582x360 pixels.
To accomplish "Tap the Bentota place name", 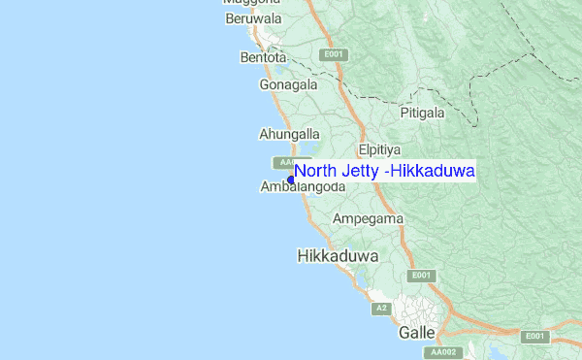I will tap(263, 57).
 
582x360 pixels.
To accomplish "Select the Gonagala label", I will tap(288, 84).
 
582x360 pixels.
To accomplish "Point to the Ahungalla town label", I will tap(289, 133).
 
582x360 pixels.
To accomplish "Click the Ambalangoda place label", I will tap(304, 187).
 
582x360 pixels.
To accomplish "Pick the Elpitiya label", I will tap(379, 150).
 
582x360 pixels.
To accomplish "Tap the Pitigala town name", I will tap(422, 113).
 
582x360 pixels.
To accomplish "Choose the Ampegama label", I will tap(368, 219).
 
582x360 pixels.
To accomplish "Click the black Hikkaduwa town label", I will tap(337, 256).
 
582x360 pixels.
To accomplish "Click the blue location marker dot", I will tap(291, 180).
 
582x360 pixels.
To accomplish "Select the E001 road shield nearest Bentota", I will tap(335, 54).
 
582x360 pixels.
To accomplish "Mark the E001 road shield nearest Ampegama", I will tap(419, 276).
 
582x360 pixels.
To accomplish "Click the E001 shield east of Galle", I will tap(533, 336).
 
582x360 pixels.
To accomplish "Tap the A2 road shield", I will tap(382, 309).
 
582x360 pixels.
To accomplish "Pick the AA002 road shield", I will tap(444, 353).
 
